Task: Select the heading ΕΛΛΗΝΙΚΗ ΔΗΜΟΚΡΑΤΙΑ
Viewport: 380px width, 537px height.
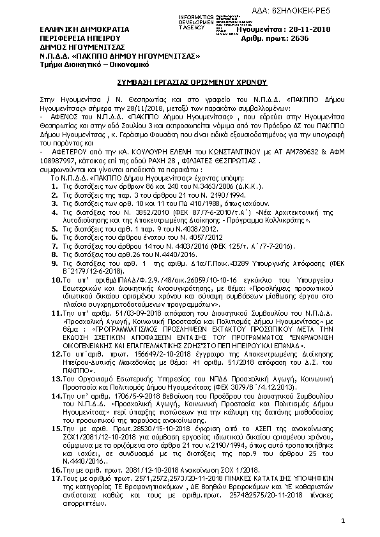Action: [75, 29]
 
